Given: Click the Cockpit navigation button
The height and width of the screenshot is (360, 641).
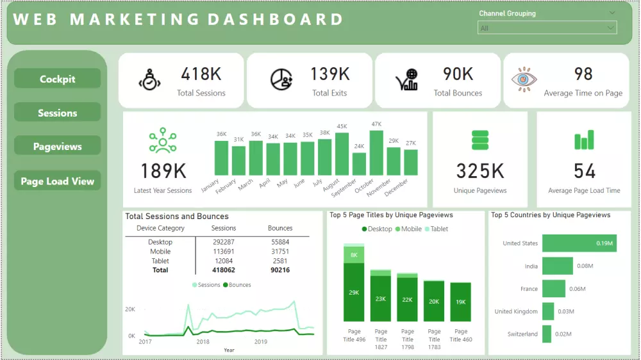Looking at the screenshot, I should pyautogui.click(x=57, y=79).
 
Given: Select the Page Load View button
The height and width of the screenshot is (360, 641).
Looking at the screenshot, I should pyautogui.click(x=57, y=181).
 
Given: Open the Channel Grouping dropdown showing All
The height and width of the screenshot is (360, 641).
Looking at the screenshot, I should pyautogui.click(x=547, y=28).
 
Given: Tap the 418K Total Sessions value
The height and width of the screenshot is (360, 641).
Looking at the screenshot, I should pyautogui.click(x=201, y=74).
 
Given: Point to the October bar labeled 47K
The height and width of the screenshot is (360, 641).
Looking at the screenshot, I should pyautogui.click(x=376, y=153).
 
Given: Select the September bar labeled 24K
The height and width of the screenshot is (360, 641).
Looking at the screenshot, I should pyautogui.click(x=359, y=164).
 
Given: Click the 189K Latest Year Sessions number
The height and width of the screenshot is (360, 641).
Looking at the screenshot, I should pyautogui.click(x=163, y=171).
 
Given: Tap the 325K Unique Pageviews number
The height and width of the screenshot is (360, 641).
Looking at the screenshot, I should pyautogui.click(x=480, y=171).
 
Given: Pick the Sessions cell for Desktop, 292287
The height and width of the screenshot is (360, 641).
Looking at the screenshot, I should pyautogui.click(x=224, y=242).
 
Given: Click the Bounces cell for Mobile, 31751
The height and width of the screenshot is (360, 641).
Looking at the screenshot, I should pyautogui.click(x=279, y=252).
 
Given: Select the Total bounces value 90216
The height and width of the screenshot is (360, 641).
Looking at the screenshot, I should pyautogui.click(x=279, y=270).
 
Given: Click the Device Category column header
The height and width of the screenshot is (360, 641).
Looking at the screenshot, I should pyautogui.click(x=160, y=228).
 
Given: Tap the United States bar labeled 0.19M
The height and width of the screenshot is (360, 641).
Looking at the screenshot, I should pyautogui.click(x=579, y=243).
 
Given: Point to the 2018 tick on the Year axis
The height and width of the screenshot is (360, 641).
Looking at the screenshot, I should pyautogui.click(x=203, y=342).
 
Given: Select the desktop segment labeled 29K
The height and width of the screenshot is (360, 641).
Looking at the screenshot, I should pyautogui.click(x=354, y=292).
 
